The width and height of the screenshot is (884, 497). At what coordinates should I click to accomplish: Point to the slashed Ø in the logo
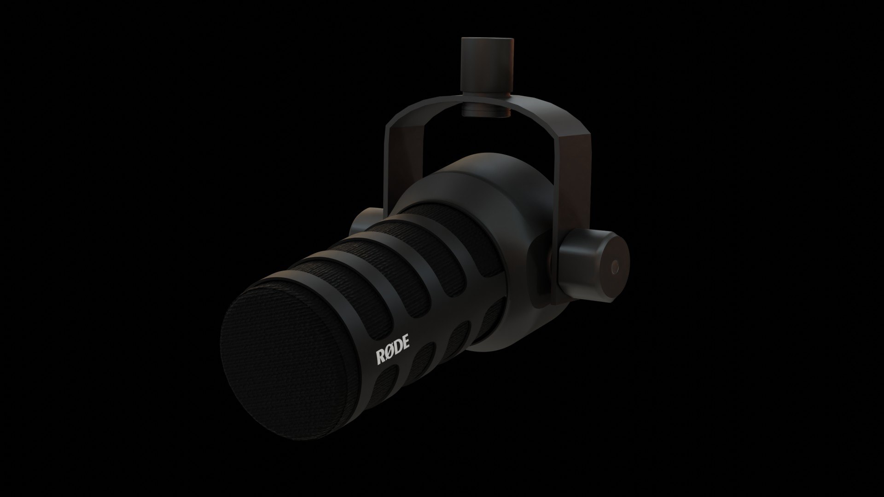[390, 352]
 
